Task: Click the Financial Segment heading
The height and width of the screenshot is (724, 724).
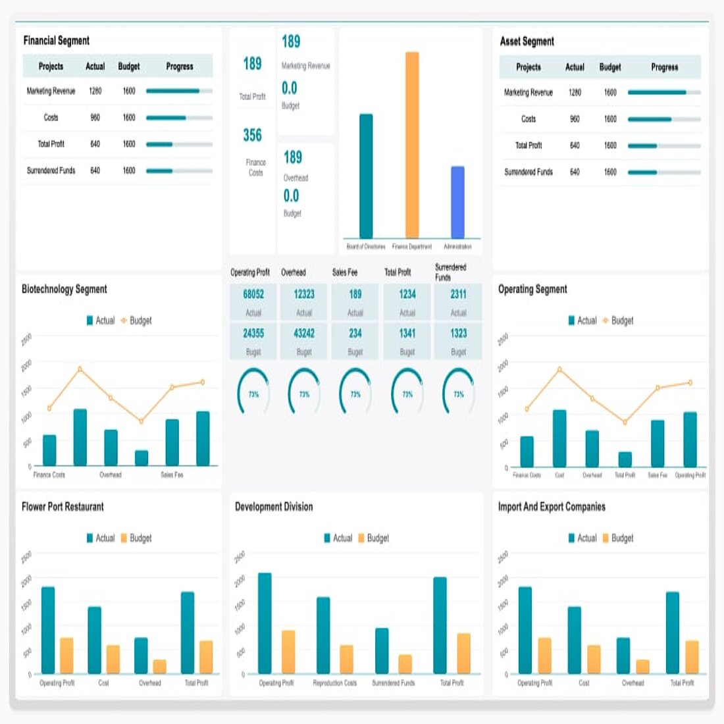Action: (x=57, y=41)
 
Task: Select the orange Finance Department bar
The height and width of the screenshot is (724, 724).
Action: (x=412, y=145)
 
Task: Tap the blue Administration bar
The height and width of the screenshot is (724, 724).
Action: (x=457, y=202)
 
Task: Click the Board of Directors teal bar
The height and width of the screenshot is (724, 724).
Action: (x=366, y=176)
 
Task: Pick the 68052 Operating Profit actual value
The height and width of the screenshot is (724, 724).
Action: (x=253, y=294)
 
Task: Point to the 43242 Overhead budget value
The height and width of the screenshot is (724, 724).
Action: (x=304, y=334)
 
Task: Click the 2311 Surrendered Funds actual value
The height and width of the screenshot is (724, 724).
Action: (x=458, y=294)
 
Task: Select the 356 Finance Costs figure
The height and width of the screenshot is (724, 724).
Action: (x=253, y=136)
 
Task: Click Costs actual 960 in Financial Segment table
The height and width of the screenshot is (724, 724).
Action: (x=95, y=118)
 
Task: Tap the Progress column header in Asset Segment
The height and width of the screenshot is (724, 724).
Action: (x=664, y=67)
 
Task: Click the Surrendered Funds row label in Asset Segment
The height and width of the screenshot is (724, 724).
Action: (x=529, y=172)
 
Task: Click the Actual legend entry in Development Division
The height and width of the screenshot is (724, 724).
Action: (x=338, y=538)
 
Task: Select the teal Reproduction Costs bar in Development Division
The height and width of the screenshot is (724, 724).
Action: (x=323, y=635)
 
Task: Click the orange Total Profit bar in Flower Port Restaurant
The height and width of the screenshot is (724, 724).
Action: (x=206, y=657)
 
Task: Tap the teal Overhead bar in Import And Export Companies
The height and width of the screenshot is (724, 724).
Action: (x=623, y=655)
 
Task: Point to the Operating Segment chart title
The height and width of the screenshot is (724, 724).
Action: (x=532, y=289)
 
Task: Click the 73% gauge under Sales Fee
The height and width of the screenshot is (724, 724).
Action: (x=355, y=394)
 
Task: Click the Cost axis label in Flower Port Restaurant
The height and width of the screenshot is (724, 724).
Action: (x=103, y=683)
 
